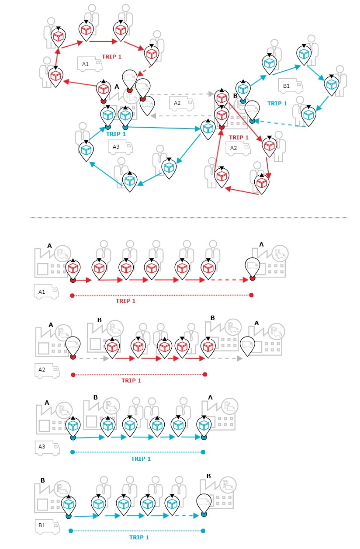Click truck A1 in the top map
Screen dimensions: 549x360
coord(90,64)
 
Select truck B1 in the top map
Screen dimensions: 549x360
coord(290,86)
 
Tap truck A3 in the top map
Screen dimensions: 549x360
coord(120,147)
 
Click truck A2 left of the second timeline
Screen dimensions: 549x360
coord(47,370)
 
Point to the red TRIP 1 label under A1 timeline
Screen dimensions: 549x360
coord(125,301)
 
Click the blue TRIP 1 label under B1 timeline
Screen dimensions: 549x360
coord(139,537)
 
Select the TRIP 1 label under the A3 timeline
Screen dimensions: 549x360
coord(141,459)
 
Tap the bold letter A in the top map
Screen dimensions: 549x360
coord(117,87)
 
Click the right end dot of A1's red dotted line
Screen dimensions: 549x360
coord(251,295)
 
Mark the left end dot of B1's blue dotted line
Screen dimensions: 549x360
coord(71,531)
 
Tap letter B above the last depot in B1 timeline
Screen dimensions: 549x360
coord(208,476)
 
